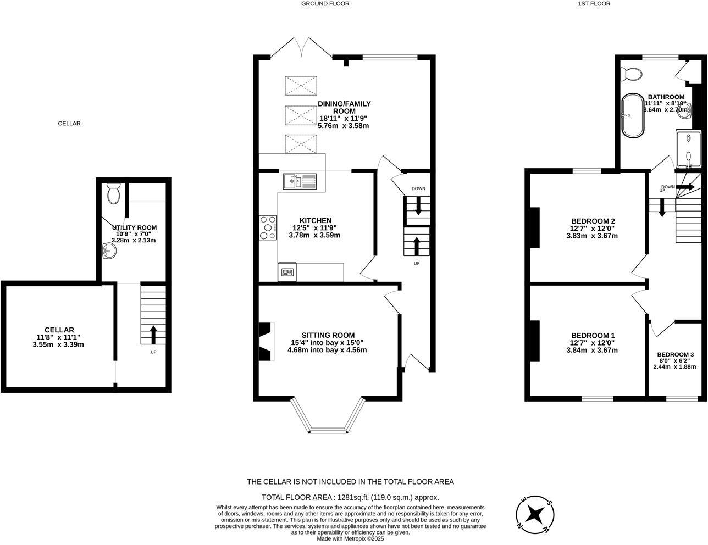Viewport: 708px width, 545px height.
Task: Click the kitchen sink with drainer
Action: point(300,181)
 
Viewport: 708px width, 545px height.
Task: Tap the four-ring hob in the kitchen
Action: point(268,227)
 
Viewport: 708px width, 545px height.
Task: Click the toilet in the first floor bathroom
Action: point(631,74)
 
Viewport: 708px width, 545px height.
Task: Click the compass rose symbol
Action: point(535,514)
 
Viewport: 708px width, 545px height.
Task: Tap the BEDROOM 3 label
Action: point(675,354)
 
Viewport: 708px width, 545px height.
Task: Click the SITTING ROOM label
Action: point(328,335)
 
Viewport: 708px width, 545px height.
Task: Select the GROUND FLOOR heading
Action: point(325,4)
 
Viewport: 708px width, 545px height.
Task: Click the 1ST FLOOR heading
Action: point(594,4)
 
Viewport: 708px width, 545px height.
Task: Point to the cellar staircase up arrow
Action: point(153,335)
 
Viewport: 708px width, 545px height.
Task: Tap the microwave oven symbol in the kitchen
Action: point(287,272)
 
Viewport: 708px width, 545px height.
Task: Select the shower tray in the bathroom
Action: point(688,149)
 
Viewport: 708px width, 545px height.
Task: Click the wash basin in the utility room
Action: point(109,251)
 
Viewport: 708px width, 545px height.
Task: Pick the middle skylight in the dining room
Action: point(300,115)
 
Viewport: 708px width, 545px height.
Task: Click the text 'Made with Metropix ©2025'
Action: point(350,539)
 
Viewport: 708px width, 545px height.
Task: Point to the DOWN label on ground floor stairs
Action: point(418,188)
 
